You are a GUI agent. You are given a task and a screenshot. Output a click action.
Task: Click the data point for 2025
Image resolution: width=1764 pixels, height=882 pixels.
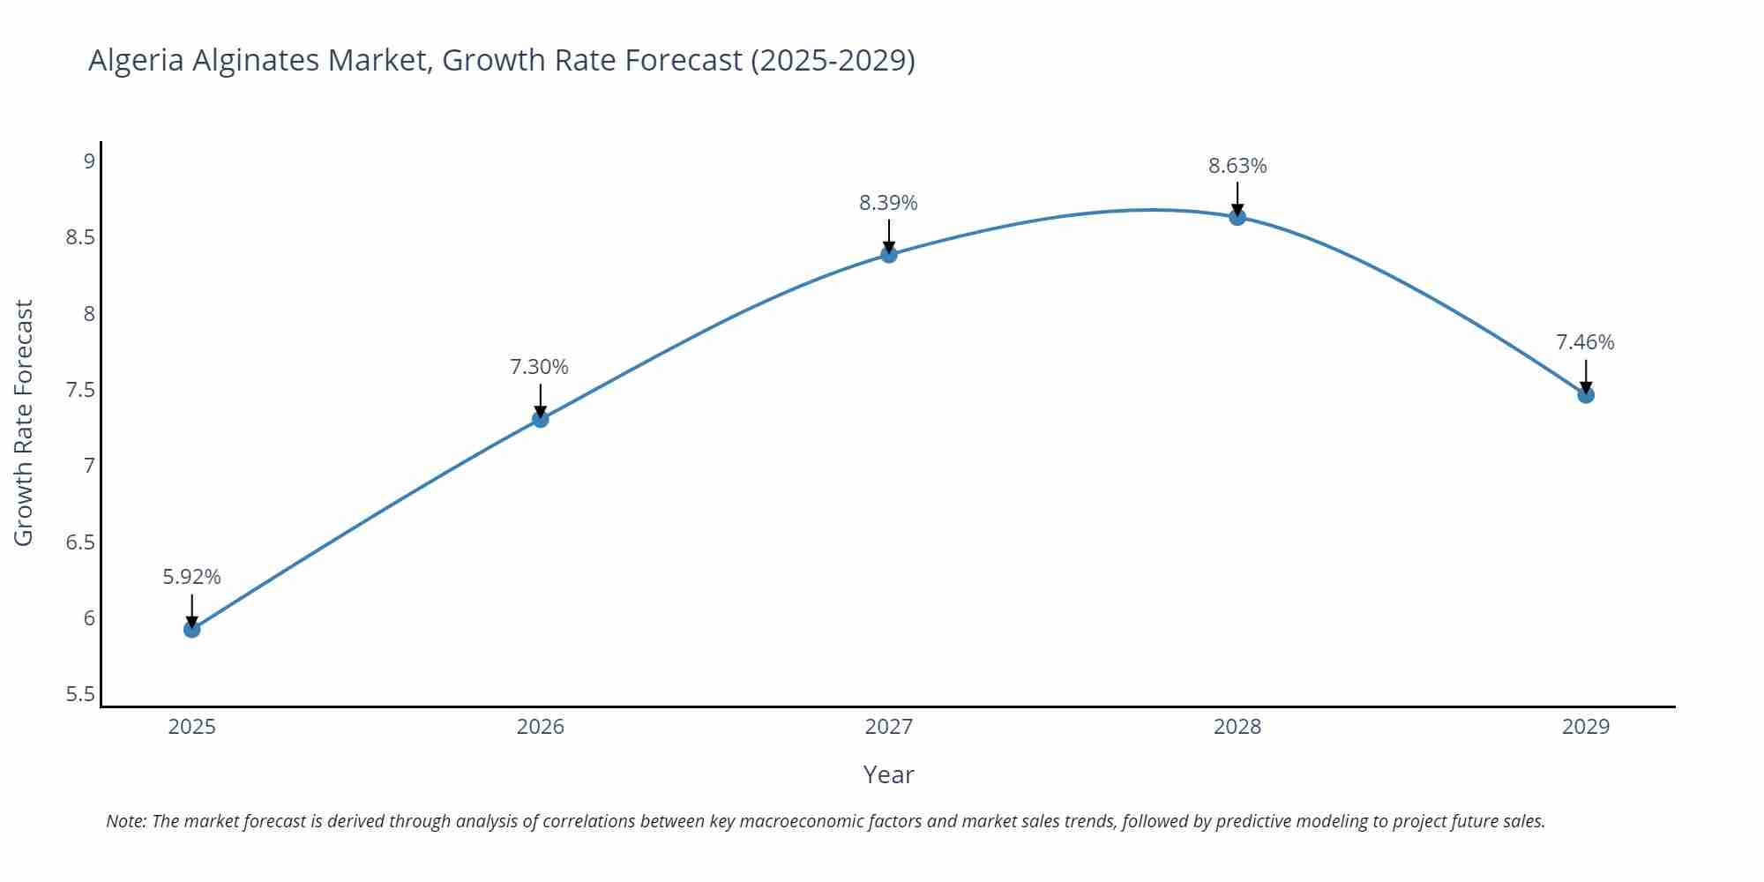191,629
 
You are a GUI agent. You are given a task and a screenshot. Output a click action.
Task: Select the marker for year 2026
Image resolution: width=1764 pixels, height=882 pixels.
540,419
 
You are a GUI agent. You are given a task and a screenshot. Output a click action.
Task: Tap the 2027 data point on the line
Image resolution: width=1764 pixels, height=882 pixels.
888,254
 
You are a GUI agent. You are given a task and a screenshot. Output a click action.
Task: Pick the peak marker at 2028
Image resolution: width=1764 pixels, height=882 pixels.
1237,217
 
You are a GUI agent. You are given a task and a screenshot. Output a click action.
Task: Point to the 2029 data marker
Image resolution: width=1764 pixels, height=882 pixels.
1585,394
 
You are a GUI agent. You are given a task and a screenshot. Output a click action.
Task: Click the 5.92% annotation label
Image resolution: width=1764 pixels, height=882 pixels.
191,577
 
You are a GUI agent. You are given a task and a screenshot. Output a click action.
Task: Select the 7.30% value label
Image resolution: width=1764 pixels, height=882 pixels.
539,367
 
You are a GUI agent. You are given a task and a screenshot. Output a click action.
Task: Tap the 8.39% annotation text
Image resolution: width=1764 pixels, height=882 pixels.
888,203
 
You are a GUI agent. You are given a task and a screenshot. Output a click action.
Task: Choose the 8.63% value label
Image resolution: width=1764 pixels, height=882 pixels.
1237,166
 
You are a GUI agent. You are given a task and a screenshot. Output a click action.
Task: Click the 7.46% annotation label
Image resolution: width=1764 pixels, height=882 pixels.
1584,342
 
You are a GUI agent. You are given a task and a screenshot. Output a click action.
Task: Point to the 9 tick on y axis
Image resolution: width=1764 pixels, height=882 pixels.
89,161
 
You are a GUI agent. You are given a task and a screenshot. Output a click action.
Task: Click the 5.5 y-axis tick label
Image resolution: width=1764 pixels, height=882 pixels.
80,694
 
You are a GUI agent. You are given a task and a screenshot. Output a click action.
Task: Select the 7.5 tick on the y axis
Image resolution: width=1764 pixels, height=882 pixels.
80,390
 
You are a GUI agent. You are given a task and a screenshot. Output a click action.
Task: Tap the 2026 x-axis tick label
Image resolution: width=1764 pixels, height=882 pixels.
540,727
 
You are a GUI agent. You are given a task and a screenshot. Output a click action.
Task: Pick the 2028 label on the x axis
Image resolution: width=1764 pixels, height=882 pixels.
1237,727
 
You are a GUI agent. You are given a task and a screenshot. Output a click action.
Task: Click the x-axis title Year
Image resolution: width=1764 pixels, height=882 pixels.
888,774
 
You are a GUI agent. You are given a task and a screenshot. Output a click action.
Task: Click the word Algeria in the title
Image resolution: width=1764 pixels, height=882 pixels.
136,60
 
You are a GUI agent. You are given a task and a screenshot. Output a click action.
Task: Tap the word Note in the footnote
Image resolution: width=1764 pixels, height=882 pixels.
126,821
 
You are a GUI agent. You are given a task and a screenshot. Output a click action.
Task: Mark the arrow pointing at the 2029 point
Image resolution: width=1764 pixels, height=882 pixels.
1585,375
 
